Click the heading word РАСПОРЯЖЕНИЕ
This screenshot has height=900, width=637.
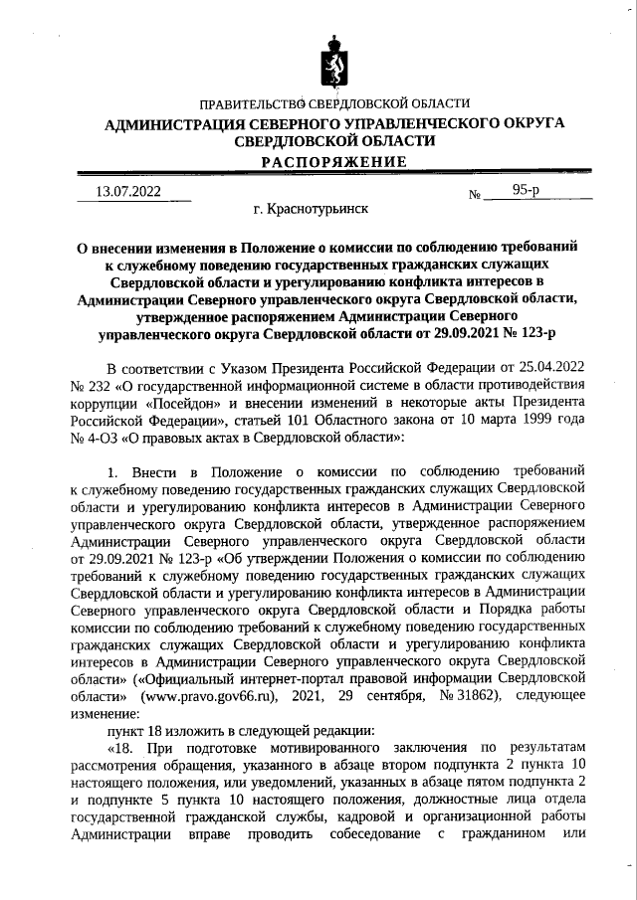point(333,162)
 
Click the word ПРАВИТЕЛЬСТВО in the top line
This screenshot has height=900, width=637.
point(251,103)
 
